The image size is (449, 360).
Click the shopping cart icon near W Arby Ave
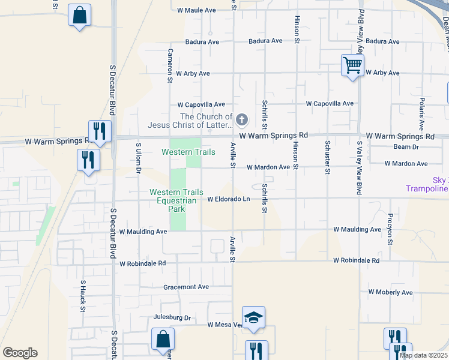pyautogui.click(x=352, y=64)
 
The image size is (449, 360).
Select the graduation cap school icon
pyautogui.click(x=253, y=317)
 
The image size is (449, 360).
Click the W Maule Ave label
pyautogui.click(x=196, y=10)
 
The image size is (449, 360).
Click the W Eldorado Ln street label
pyautogui.click(x=228, y=199)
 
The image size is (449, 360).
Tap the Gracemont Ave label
pyautogui.click(x=186, y=287)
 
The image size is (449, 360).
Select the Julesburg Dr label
pyautogui.click(x=172, y=317)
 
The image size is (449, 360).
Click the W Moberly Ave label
pyautogui.click(x=391, y=292)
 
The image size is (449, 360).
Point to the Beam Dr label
pyautogui.click(x=406, y=147)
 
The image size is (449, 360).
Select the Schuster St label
pyautogui.click(x=327, y=157)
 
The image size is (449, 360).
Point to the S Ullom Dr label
pyautogui.click(x=138, y=157)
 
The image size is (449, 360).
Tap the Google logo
pyautogui.click(x=20, y=353)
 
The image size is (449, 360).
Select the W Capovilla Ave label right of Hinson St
pyautogui.click(x=330, y=103)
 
